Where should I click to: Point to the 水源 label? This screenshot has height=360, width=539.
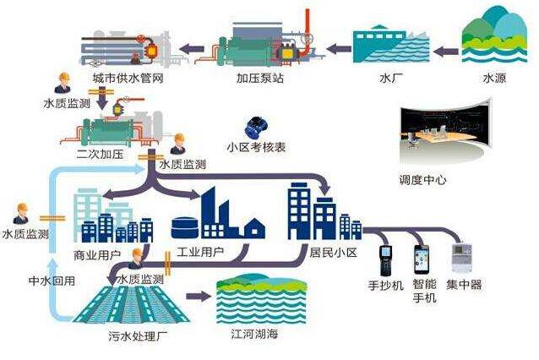[494, 79]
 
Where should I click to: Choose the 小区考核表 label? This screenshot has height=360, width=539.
[256, 146]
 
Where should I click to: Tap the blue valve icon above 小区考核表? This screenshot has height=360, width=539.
[253, 128]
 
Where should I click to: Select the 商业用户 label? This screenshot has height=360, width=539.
[98, 253]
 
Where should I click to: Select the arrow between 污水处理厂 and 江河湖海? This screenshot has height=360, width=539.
[196, 296]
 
